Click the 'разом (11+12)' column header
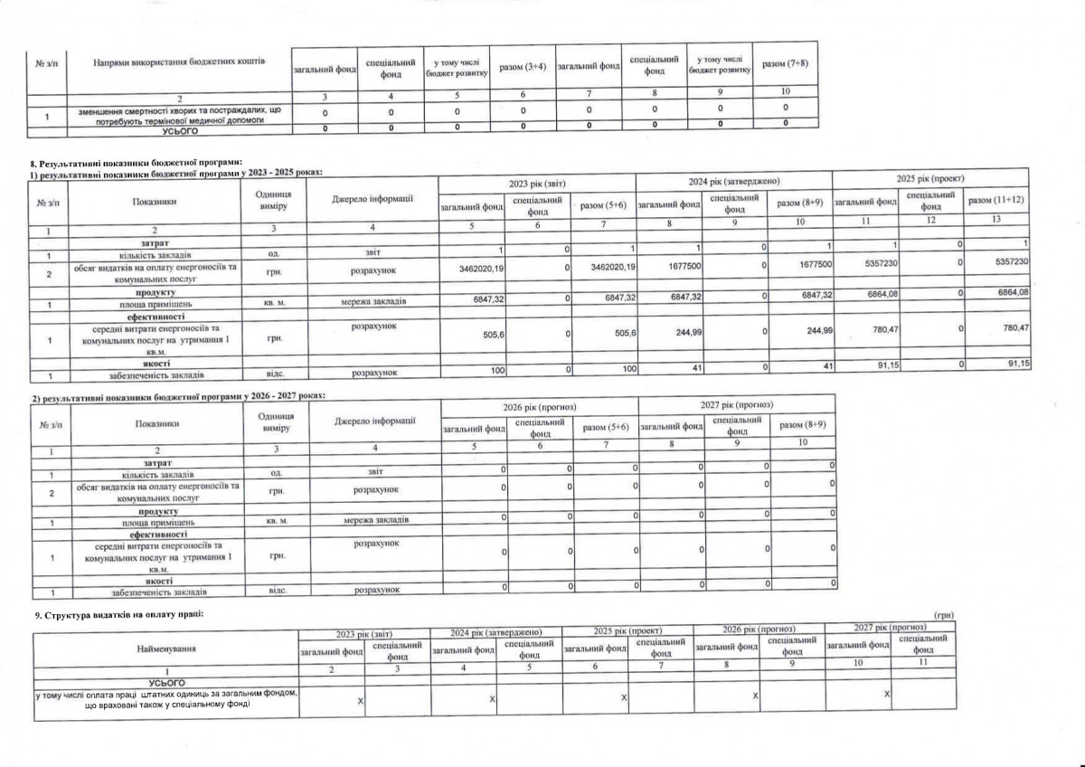tap(995, 198)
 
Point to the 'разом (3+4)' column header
tap(523, 66)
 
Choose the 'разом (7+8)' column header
tap(785, 64)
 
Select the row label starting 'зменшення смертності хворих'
tap(181, 114)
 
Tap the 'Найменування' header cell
tap(166, 649)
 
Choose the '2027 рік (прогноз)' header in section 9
tap(891, 627)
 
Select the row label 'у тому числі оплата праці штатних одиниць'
tap(166, 698)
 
